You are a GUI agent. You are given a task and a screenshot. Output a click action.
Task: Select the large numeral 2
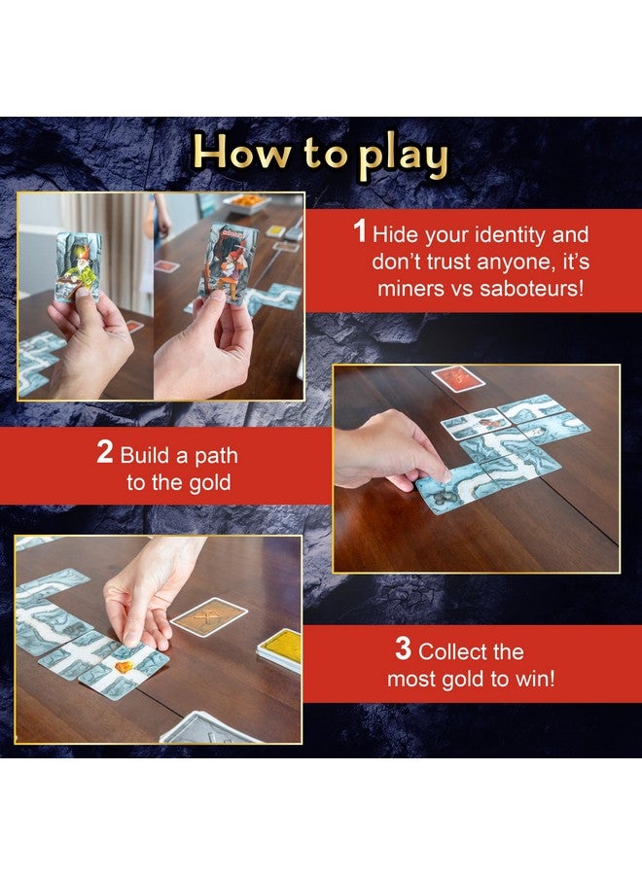pos(105,453)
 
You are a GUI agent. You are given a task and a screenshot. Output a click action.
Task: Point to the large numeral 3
pos(403,649)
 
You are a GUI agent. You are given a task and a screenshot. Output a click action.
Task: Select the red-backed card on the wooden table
pos(458,378)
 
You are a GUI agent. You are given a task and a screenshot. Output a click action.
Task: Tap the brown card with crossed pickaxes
pos(208,616)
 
